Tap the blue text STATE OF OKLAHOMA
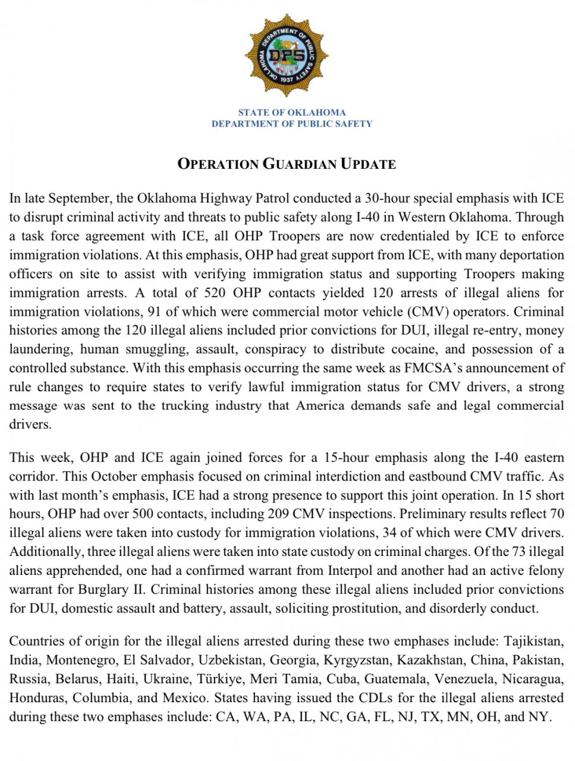(x=291, y=112)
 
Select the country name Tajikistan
(x=533, y=641)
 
